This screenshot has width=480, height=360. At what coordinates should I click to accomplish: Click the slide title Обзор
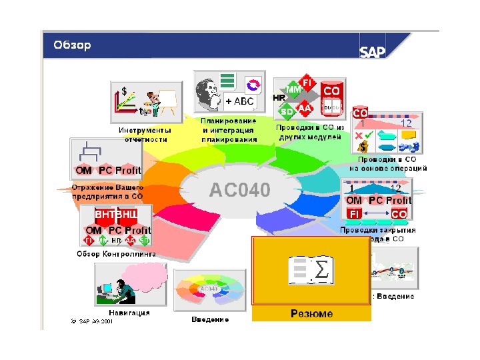(72, 45)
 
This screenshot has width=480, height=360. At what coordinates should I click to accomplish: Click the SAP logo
(373, 52)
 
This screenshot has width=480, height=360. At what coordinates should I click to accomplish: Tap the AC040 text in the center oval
(240, 190)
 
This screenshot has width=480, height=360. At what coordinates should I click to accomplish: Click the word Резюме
(311, 313)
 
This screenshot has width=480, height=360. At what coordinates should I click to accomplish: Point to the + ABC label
(239, 101)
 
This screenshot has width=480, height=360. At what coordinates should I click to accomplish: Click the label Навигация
(129, 312)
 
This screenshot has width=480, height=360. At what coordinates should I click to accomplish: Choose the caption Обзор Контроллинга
(116, 254)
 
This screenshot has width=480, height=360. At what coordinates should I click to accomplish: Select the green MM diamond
(293, 89)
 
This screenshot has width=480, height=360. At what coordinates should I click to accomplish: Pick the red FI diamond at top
(307, 81)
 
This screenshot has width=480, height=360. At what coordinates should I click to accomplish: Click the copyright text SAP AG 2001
(93, 321)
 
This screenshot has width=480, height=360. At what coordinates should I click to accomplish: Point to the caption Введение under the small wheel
(210, 319)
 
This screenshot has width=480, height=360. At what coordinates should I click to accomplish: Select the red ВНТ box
(105, 215)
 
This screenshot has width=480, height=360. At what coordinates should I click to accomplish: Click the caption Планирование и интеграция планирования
(229, 131)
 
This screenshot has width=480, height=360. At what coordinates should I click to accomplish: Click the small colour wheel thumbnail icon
(208, 289)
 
